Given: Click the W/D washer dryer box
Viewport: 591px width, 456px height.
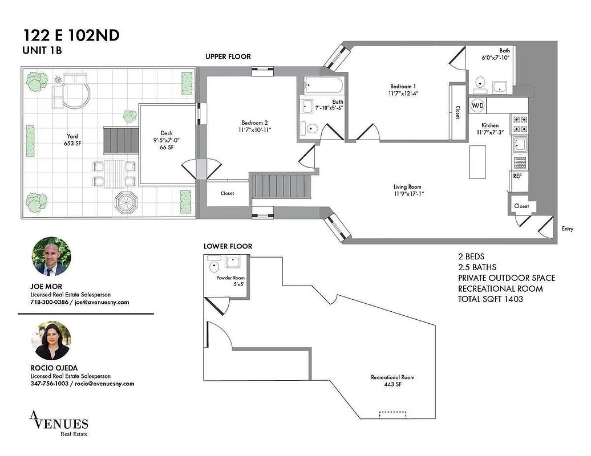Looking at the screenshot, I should (477, 105).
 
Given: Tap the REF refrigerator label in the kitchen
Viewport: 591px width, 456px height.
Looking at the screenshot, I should (517, 176).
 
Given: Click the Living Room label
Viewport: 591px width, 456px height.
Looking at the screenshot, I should (408, 190).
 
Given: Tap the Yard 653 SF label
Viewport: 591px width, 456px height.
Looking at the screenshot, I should (72, 140).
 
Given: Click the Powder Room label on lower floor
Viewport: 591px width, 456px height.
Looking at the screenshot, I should (230, 281).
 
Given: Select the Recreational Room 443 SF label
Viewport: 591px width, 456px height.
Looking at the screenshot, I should (392, 381).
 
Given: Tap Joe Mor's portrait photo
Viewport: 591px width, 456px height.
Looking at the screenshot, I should (51, 256).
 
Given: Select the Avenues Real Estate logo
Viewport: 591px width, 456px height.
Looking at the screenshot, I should (59, 425).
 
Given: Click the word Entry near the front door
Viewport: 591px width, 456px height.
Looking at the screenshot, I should (567, 229).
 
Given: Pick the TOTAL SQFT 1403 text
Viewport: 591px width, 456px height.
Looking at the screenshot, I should (490, 299).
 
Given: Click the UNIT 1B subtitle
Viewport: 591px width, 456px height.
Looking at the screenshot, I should (42, 50).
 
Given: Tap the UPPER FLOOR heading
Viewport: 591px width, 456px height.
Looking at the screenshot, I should (228, 56).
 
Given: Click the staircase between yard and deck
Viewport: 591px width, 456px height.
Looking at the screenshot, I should (120, 140).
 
